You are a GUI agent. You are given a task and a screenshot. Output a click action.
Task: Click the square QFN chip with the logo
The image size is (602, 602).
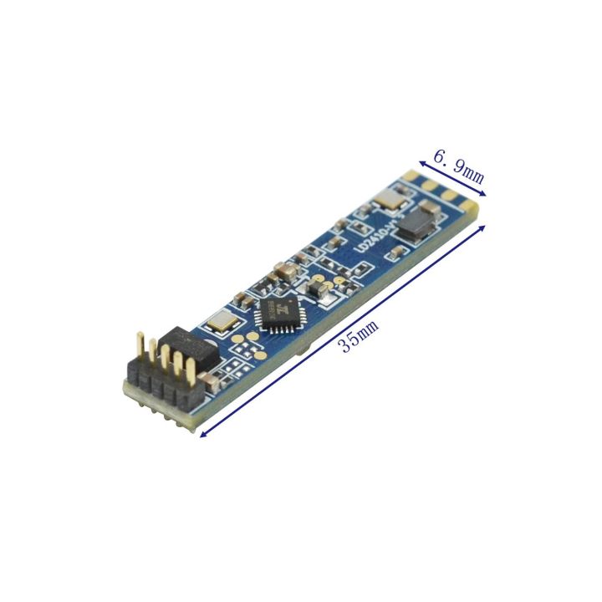point(279,315)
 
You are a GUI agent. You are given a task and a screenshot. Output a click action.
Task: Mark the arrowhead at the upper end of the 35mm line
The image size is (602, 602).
point(483,225)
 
